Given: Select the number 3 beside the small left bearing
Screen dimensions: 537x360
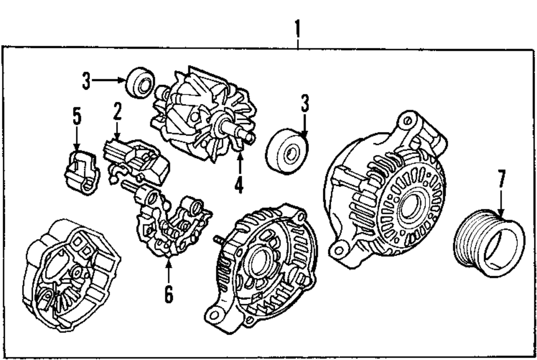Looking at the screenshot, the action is (x=86, y=82).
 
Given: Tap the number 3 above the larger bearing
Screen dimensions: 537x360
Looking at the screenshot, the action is (x=305, y=104).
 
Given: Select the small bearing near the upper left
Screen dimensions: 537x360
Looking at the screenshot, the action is (x=140, y=82).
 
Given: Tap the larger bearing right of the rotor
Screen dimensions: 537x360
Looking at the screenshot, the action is (x=287, y=152).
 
